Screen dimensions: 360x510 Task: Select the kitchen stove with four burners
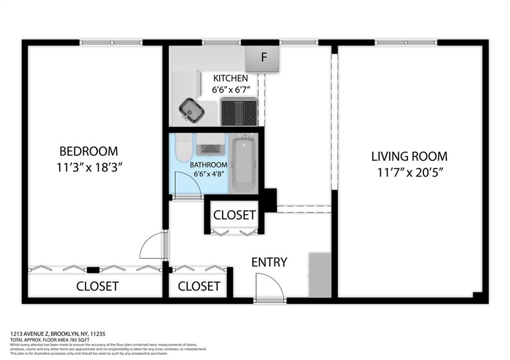tap(239, 112)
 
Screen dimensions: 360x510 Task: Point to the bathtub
tap(244, 162)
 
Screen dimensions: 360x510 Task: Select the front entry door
tap(269, 289)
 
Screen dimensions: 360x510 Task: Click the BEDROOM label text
tap(89, 151)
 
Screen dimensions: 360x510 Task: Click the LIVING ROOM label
tap(409, 156)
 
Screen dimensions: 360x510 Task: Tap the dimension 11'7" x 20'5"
tap(409, 173)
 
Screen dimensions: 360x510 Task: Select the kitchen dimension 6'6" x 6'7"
tap(231, 90)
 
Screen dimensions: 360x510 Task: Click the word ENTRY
tap(269, 262)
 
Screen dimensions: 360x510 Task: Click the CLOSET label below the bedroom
tap(97, 286)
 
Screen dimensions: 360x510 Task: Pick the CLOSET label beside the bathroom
tap(235, 215)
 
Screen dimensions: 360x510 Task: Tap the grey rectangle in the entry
tap(320, 275)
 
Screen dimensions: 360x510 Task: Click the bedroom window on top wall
tap(111, 43)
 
